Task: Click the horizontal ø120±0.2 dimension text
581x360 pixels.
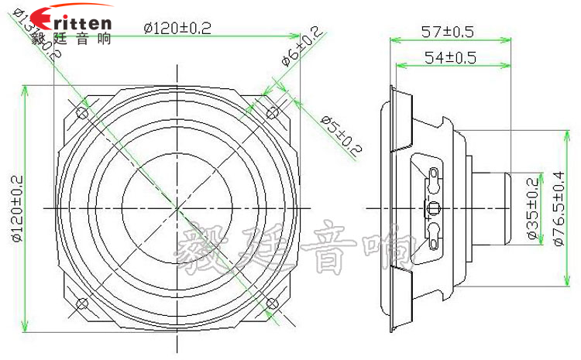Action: pyautogui.click(x=178, y=29)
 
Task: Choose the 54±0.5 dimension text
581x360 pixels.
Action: pyautogui.click(x=449, y=57)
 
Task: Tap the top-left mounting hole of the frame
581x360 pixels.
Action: pyautogui.click(x=81, y=114)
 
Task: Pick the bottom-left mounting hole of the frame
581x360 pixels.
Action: pyautogui.click(x=81, y=303)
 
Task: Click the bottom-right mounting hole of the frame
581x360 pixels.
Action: pyautogui.click(x=272, y=303)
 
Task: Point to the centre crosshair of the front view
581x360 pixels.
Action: pyautogui.click(x=177, y=208)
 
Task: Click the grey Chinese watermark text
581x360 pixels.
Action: pyautogui.click(x=298, y=249)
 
